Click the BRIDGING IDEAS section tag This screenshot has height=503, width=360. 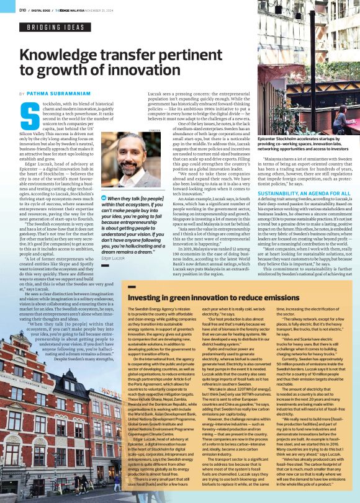56,27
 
